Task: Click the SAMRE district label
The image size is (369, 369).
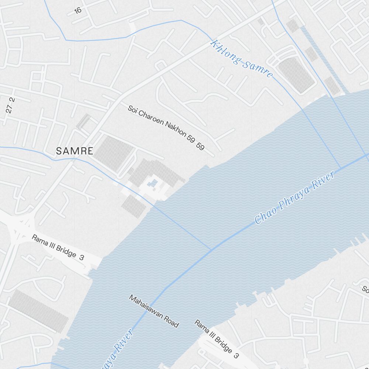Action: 75,151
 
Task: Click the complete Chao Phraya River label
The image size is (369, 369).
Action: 295,197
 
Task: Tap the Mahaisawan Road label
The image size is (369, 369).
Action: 154,311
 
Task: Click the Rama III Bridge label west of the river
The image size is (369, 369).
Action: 58,248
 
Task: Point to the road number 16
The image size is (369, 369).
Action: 77,10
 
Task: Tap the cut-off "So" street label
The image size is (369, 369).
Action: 365,289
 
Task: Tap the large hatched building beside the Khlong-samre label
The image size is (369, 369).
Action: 296,75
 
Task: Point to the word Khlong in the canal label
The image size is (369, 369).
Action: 222,50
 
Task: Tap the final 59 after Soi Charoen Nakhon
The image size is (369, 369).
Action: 200,146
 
